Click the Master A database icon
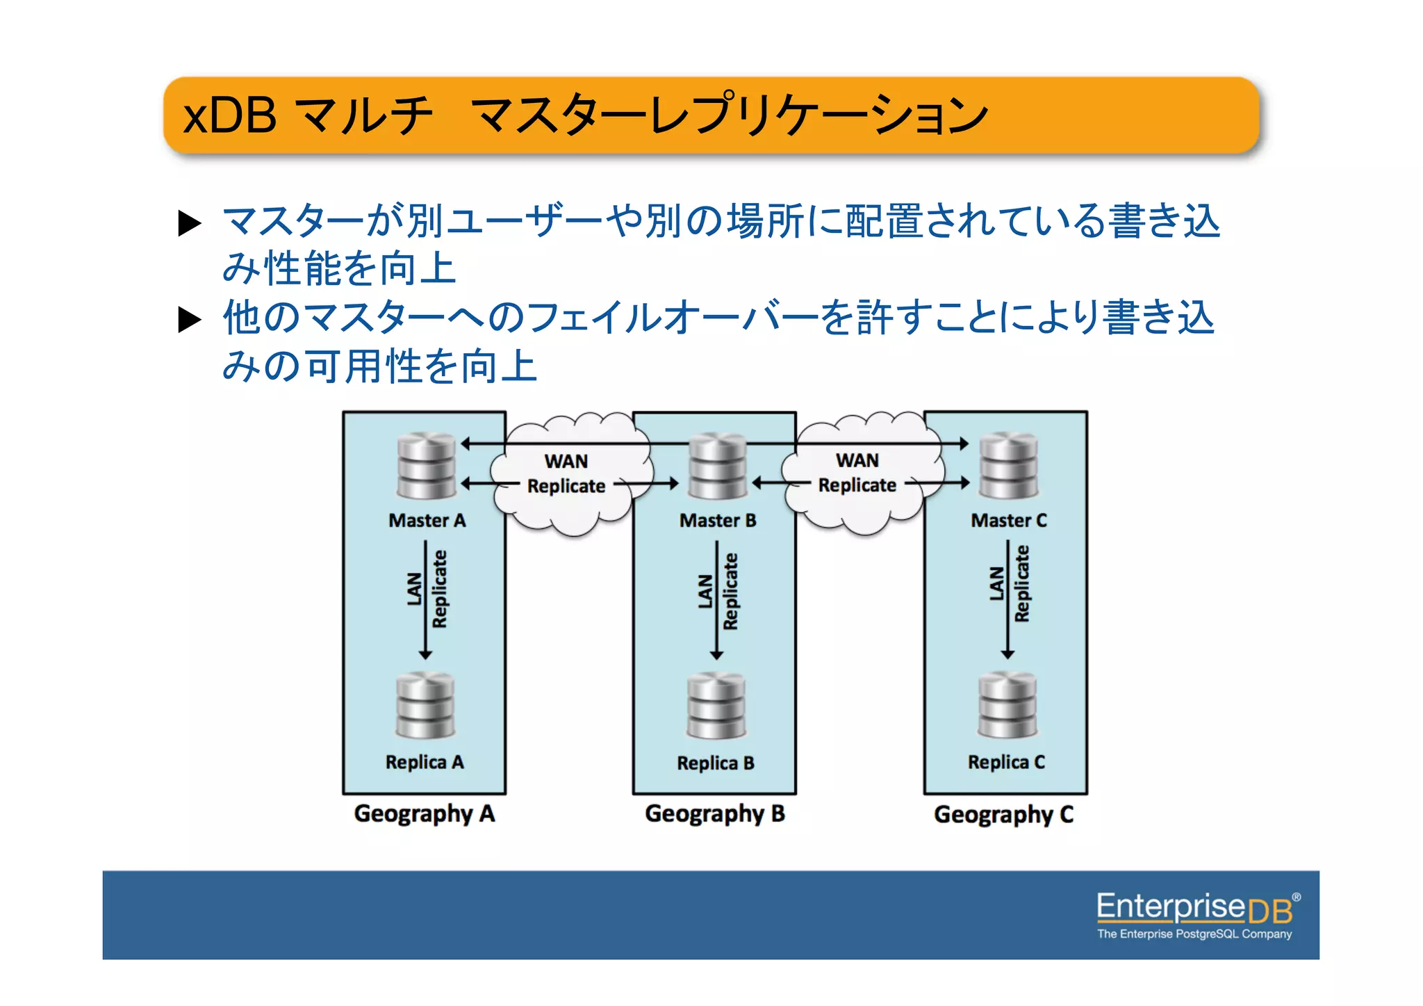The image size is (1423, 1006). click(426, 466)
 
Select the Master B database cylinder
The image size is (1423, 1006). click(717, 466)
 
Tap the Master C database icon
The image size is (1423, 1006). click(1008, 466)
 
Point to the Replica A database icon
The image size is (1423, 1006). click(425, 706)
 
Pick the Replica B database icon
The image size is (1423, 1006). click(716, 706)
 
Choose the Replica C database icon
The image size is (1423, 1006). click(1007, 704)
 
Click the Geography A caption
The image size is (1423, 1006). click(425, 813)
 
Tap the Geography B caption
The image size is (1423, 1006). click(715, 813)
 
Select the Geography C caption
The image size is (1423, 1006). click(1004, 814)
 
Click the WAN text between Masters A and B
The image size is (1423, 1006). click(566, 461)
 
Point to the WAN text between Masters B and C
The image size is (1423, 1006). click(857, 460)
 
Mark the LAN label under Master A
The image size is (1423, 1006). click(415, 589)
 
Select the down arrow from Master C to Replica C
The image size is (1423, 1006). click(1007, 598)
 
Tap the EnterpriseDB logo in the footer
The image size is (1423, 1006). click(1195, 915)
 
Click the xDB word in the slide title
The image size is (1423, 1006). click(229, 115)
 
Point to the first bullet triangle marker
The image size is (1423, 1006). click(190, 223)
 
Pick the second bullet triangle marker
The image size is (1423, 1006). click(190, 319)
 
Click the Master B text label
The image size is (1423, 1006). click(718, 520)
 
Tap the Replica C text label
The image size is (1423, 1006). click(1006, 762)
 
